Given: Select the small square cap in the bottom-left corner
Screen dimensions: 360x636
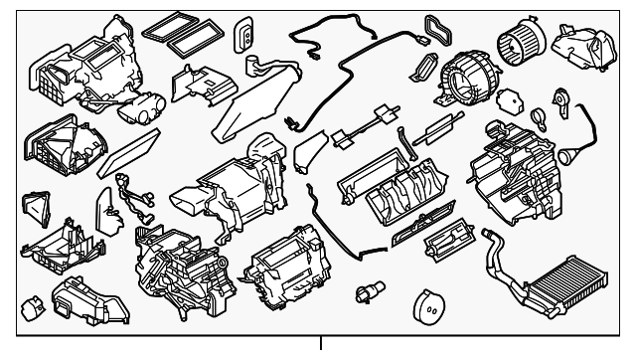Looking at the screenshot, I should (33, 305).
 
